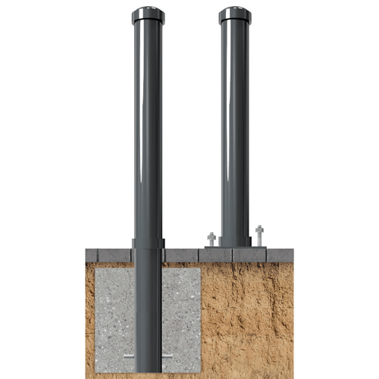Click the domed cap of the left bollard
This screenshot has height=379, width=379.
click(148, 14)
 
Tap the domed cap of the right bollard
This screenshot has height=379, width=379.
click(235, 14)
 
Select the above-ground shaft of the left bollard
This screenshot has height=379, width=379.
click(148, 129)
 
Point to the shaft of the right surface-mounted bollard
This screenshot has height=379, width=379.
click(235, 129)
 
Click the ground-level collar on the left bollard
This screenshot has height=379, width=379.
click(148, 244)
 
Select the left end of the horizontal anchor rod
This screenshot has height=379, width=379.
click(127, 356)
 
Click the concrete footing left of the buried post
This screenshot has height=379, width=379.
click(114, 311)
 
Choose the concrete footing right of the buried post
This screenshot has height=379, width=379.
click(181, 311)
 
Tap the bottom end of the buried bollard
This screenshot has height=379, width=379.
click(148, 368)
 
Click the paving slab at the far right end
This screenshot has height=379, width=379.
click(279, 255)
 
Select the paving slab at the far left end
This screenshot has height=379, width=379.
click(99, 255)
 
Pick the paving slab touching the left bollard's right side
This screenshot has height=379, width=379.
click(180, 255)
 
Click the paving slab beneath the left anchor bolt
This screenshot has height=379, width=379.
click(215, 255)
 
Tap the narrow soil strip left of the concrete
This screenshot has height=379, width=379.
click(89, 318)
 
